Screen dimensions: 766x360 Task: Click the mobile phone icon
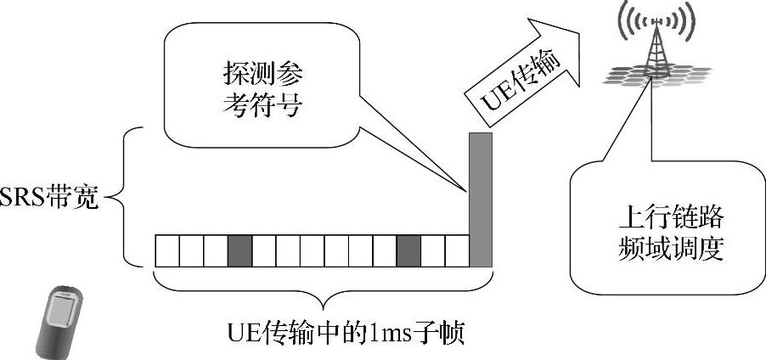pyautogui.click(x=61, y=320)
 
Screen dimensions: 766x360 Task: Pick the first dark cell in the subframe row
pyautogui.click(x=239, y=250)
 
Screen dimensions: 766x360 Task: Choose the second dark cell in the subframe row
pyautogui.click(x=408, y=250)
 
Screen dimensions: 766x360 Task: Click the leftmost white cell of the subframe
pyautogui.click(x=166, y=250)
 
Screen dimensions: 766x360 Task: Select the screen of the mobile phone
pyautogui.click(x=59, y=310)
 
